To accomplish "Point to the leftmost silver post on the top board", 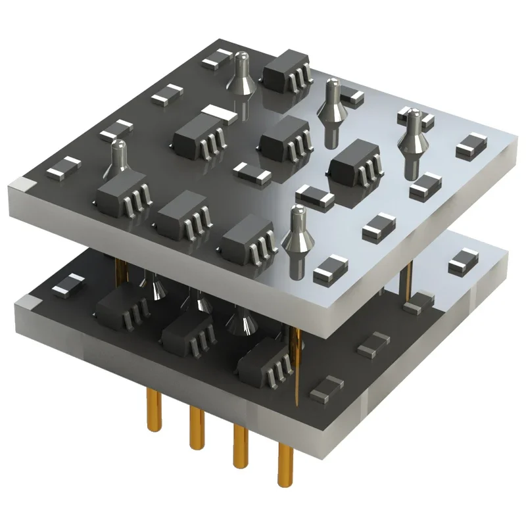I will click(x=118, y=161).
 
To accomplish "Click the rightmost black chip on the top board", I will click(x=356, y=164).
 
